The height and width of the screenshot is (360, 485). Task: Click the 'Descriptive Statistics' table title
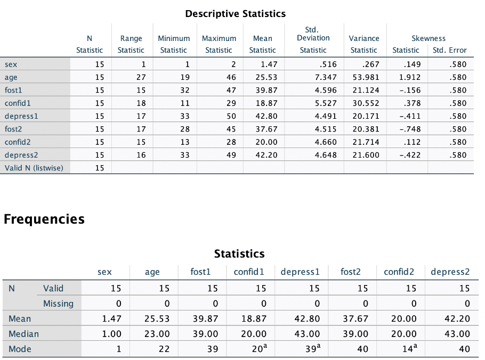[x=235, y=14]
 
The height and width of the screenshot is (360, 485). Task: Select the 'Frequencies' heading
[x=44, y=219]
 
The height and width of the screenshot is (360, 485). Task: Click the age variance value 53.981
[x=365, y=77]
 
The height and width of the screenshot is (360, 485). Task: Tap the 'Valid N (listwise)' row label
[x=34, y=168]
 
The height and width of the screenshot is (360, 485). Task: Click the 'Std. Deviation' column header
[x=313, y=38]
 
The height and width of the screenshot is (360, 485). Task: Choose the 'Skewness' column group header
[x=428, y=38]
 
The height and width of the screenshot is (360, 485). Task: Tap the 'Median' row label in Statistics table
[x=23, y=334]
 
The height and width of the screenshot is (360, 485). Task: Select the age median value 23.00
[x=158, y=334]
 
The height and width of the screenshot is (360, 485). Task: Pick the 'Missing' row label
[x=58, y=304]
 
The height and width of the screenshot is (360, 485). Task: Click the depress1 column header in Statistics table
[x=300, y=272]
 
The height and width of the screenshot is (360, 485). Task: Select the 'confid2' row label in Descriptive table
[x=18, y=142]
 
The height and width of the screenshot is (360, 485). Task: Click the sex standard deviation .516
[x=327, y=64]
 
